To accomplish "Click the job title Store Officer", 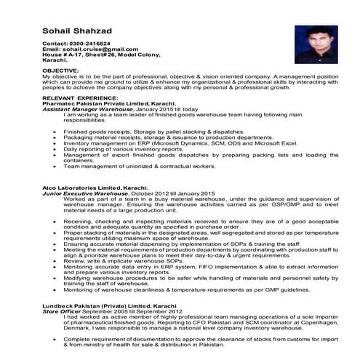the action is coord(61,312).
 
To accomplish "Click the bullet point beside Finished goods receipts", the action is coord(56,131).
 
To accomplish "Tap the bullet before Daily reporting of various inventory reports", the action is coord(56,148).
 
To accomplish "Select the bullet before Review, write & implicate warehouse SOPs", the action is coord(56,260).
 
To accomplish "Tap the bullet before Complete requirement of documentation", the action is coord(56,340).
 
